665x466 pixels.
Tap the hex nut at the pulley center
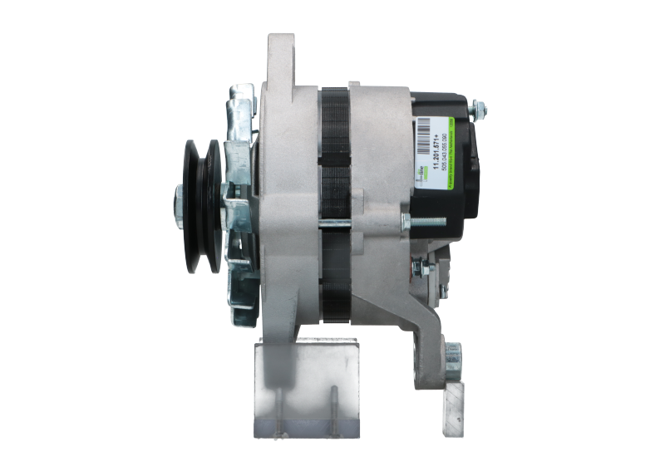[180, 200]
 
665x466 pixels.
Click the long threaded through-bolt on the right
[424, 220]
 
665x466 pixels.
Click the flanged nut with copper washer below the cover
[420, 267]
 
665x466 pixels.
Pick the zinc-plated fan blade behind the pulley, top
[242, 108]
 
